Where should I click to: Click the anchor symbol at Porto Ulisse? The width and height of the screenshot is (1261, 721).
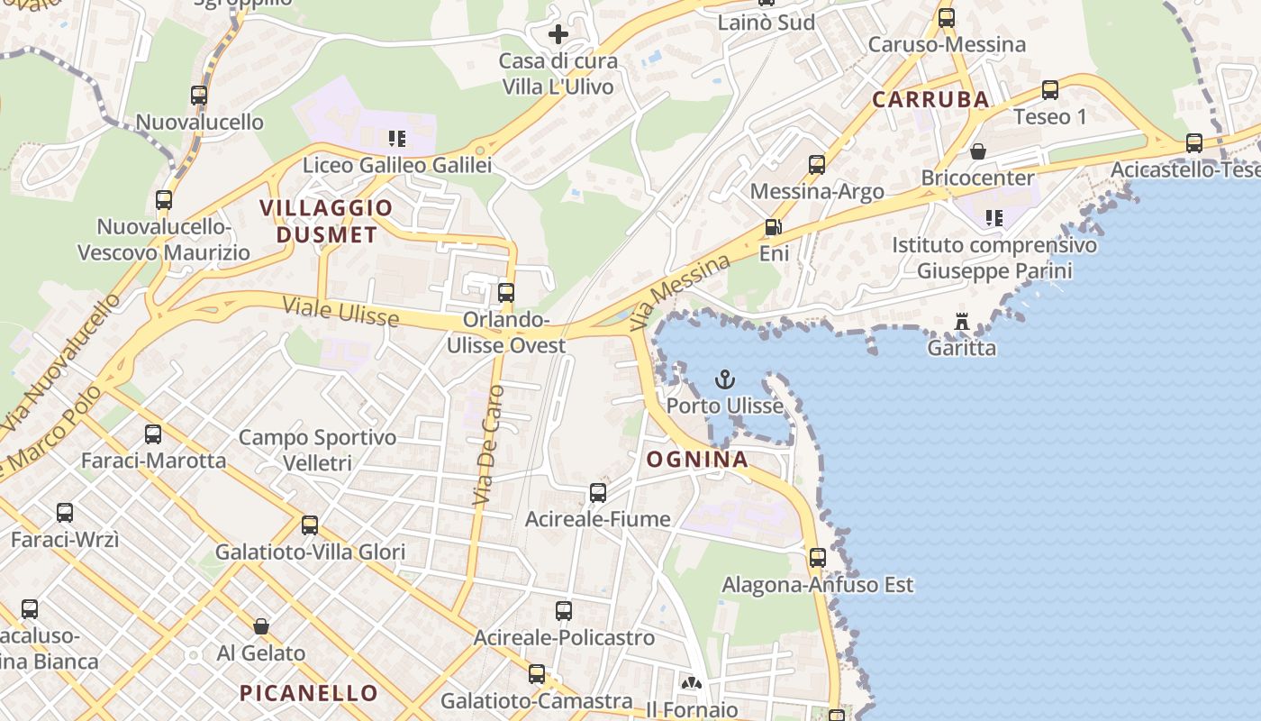point(725,379)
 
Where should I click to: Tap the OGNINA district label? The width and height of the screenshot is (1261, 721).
point(697,460)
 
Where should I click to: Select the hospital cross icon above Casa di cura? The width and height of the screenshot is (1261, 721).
point(558,35)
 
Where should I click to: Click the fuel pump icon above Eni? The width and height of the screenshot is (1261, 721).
point(772,228)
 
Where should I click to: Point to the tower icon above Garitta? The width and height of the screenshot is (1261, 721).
point(962,322)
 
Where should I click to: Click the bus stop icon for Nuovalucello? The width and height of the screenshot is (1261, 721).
point(199,96)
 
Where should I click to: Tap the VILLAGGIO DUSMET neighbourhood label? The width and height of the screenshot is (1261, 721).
point(326,222)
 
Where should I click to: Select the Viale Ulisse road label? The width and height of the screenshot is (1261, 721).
point(340,311)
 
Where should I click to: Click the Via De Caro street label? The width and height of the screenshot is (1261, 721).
point(487,445)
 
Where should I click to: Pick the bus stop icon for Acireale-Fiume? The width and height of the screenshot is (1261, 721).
point(598,493)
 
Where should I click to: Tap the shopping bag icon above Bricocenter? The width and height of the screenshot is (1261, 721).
point(978,151)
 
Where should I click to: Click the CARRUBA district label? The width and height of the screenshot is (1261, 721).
point(930,100)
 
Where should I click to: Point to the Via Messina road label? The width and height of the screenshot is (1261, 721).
point(680,291)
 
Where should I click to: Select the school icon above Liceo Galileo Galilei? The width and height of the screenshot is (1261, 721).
point(396,139)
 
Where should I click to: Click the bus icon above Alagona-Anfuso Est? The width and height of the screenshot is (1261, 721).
point(818,558)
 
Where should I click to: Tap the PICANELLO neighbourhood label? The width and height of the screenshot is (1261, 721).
point(308,693)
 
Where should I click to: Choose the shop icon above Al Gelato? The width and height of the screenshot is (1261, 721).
point(261,626)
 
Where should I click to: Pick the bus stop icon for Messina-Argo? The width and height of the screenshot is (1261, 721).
point(817,165)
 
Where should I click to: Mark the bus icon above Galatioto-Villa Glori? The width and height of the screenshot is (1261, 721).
point(310,525)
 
